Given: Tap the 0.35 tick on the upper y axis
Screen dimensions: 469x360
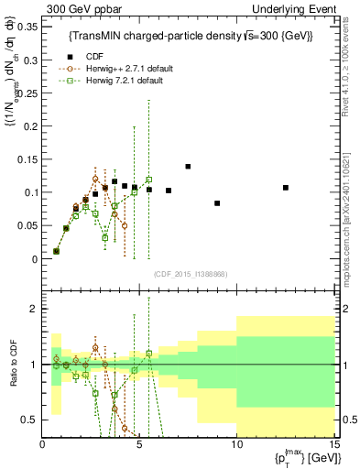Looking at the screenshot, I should pyautogui.click(x=27, y=27).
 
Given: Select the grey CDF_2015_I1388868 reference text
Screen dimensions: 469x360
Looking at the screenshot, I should pyautogui.click(x=189, y=274).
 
